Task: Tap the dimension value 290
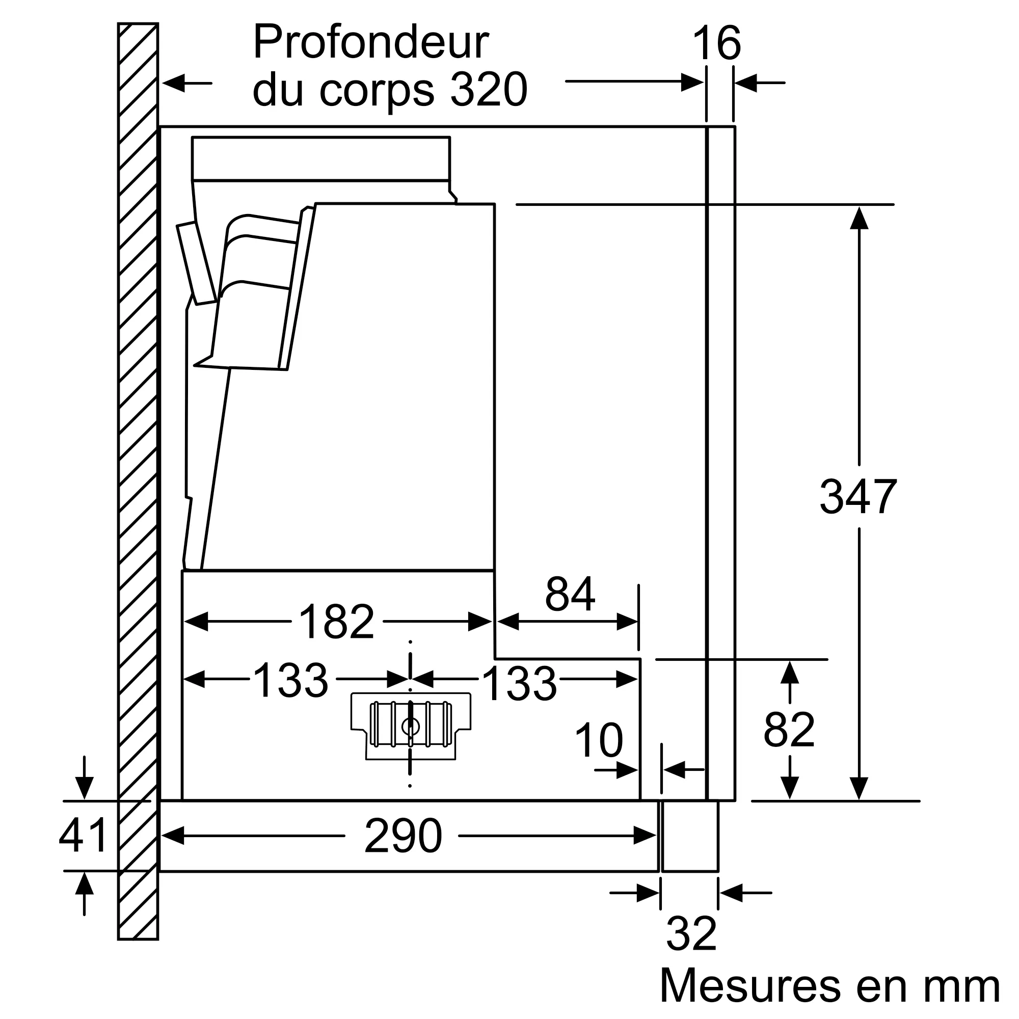tap(403, 836)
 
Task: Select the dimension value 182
tap(336, 622)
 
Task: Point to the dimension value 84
tap(570, 594)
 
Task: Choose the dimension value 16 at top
tap(717, 44)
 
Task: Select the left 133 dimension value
tap(291, 681)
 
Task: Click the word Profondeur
tap(371, 43)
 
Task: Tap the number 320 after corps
tap(489, 90)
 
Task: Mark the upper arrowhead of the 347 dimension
tap(859, 218)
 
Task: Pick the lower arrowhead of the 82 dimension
tap(789, 788)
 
